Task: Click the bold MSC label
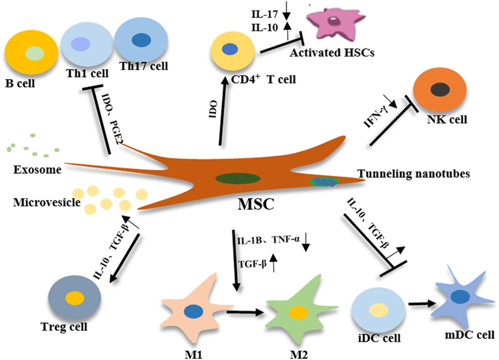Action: point(255,205)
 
